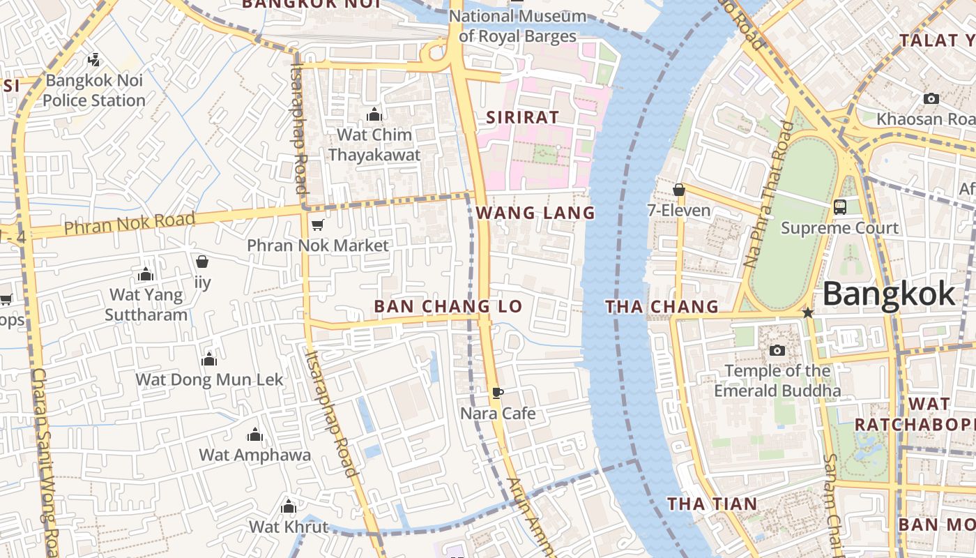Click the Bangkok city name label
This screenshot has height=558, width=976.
(x=889, y=294)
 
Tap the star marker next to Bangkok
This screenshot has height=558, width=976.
(x=808, y=313)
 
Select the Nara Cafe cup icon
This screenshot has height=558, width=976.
(x=498, y=393)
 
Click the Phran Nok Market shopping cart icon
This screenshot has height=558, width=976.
(x=318, y=225)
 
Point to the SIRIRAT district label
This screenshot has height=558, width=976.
(x=523, y=117)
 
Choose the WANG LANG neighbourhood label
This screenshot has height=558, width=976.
(x=535, y=213)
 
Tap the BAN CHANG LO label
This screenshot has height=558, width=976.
(x=448, y=306)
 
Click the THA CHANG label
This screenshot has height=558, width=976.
(x=662, y=306)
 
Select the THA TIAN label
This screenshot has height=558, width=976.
(x=712, y=504)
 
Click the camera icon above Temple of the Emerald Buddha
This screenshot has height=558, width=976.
(x=777, y=350)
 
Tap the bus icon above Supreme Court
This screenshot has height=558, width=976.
(x=840, y=206)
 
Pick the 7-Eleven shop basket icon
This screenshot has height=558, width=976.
(x=679, y=190)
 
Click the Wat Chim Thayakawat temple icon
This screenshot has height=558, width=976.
(x=374, y=114)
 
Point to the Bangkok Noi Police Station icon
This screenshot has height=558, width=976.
(x=94, y=59)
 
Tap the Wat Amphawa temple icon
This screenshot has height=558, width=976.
(x=255, y=435)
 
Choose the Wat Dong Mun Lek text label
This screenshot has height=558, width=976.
(x=209, y=379)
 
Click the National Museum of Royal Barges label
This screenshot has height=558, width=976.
(x=517, y=26)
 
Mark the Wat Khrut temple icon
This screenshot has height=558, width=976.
(x=289, y=506)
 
